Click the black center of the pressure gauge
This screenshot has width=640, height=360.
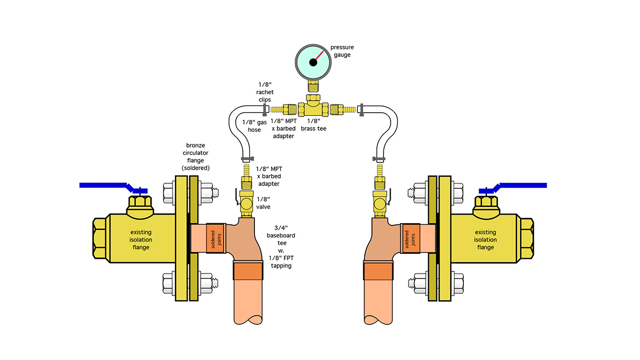point(313,62)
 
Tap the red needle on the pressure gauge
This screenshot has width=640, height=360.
point(321,55)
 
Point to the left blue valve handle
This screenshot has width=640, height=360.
point(104,185)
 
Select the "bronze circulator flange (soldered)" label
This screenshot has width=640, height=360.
point(196,156)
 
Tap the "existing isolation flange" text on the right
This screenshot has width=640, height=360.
point(486,240)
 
